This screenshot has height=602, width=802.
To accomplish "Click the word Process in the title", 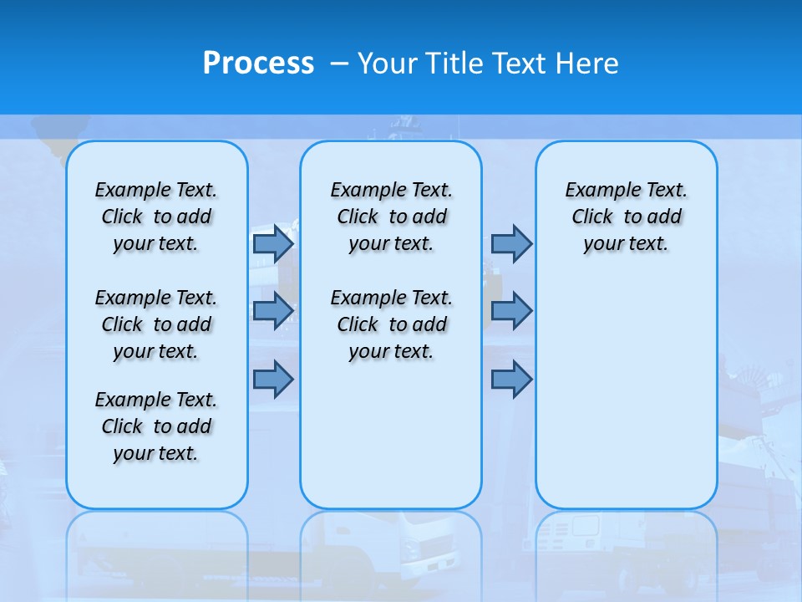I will tap(258, 64).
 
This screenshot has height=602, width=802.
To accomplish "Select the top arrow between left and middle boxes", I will tap(272, 243).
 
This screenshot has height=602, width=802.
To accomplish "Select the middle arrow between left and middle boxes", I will tap(272, 311).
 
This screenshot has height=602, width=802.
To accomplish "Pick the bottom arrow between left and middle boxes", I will tap(272, 379).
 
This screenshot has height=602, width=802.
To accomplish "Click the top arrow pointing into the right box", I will tap(511, 243).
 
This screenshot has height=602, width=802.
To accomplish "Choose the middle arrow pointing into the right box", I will tap(511, 311).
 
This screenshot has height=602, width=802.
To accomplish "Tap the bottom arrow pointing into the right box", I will tap(511, 379).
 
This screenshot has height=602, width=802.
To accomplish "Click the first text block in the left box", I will tap(156, 217).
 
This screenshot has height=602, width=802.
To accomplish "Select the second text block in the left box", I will tap(156, 324).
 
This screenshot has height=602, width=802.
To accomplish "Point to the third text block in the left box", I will tap(156, 426).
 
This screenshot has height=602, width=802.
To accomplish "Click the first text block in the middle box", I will tap(391, 217).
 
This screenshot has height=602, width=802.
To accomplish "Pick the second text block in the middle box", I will tap(391, 324).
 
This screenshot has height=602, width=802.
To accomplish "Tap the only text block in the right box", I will tap(626, 217).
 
